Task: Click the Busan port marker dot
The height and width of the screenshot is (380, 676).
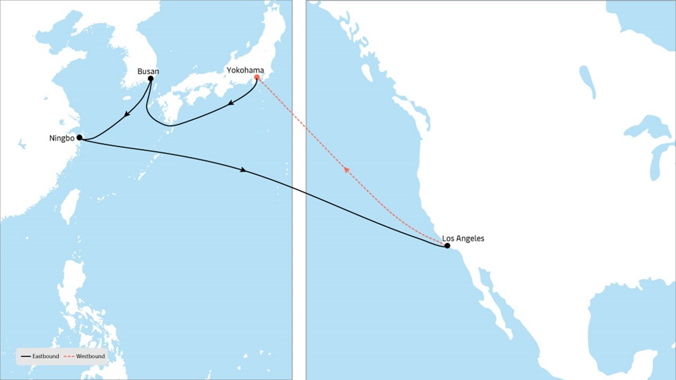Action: pyautogui.click(x=151, y=79)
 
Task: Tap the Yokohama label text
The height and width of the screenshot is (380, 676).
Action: pyautogui.click(x=245, y=70)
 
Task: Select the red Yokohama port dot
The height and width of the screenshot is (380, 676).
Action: pyautogui.click(x=257, y=77)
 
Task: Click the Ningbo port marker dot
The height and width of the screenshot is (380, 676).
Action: pyautogui.click(x=79, y=137)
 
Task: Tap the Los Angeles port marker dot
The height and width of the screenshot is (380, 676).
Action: pyautogui.click(x=447, y=245)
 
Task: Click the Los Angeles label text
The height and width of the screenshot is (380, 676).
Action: pyautogui.click(x=463, y=239)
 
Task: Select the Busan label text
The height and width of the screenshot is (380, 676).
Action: pyautogui.click(x=148, y=71)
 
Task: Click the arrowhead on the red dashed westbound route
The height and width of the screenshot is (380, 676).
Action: pyautogui.click(x=345, y=169)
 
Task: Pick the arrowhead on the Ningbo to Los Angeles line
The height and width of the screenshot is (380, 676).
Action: pyautogui.click(x=243, y=170)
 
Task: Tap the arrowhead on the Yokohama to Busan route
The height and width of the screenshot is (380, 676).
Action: pyautogui.click(x=231, y=104)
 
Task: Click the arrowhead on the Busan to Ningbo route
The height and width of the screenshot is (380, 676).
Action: pyautogui.click(x=127, y=115)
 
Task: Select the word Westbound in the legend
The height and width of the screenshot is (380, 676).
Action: pyautogui.click(x=90, y=356)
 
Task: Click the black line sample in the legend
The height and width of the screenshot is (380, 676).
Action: pyautogui.click(x=26, y=357)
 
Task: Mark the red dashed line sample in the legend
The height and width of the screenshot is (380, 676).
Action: pyautogui.click(x=69, y=357)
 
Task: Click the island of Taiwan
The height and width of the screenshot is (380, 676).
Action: pyautogui.click(x=70, y=206)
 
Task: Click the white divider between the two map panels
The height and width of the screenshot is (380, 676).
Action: pyautogui.click(x=299, y=190)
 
